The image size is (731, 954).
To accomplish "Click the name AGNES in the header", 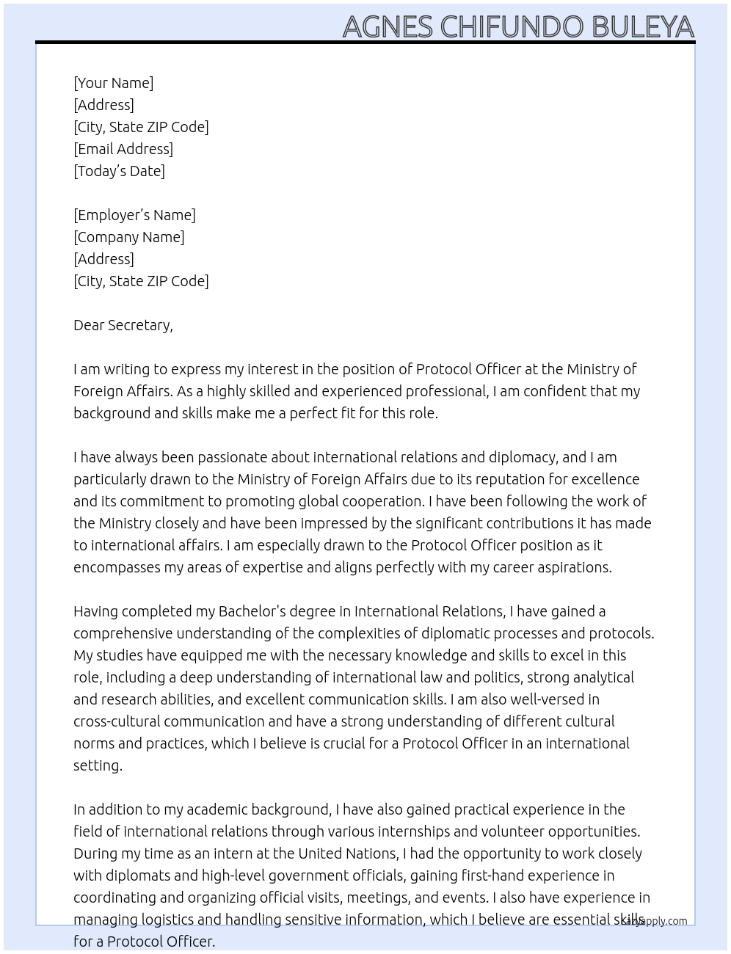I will [388, 27].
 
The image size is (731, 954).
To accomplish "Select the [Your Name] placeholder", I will [114, 83].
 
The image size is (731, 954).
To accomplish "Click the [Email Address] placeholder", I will [123, 149].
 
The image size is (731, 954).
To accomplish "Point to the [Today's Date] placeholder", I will [119, 171].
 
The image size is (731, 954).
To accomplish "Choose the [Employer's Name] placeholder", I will [134, 215].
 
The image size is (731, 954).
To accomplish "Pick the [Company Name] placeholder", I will [129, 237].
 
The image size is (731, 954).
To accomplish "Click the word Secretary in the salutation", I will [140, 325].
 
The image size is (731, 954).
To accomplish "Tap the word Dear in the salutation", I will [88, 325].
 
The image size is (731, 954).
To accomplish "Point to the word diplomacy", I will [523, 457].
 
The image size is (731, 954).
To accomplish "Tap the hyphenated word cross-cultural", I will [115, 721].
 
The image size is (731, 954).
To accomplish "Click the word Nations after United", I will [368, 853].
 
